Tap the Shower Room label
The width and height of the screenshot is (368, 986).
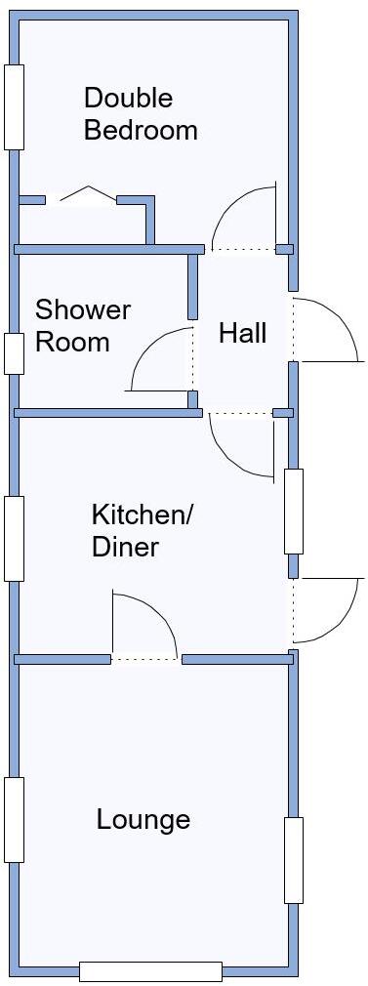coord(82,326)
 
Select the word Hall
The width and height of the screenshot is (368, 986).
coord(242,333)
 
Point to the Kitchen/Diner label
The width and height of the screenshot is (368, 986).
coord(143,530)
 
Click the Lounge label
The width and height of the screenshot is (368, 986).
coord(143,819)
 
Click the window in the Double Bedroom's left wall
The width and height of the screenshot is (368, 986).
coord(14,107)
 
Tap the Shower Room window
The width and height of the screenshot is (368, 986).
coord(14,353)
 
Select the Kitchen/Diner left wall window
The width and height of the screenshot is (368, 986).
coord(14,539)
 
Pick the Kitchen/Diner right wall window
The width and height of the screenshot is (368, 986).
coord(293,512)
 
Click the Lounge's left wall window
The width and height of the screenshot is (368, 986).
coord(14,819)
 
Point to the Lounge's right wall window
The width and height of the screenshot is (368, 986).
coord(293,859)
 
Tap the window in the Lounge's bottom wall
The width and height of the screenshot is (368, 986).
coord(150,970)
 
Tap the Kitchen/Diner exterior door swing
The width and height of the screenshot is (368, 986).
coord(328,610)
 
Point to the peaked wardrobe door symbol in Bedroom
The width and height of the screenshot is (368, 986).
coord(88,195)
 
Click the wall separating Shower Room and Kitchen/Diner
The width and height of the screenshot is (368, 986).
coord(107,413)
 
